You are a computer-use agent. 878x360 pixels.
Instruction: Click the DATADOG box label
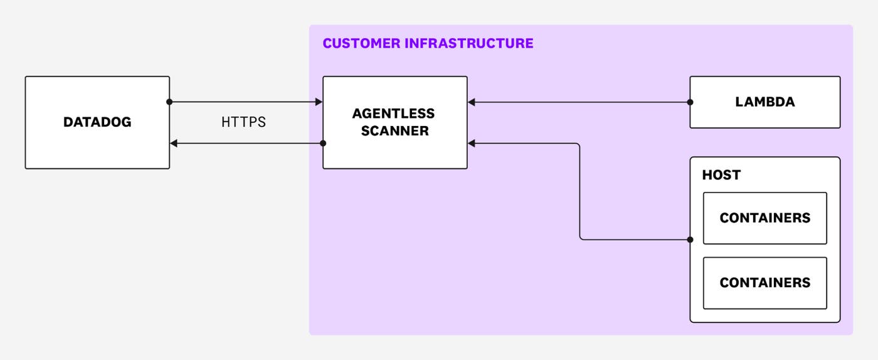[x=97, y=122]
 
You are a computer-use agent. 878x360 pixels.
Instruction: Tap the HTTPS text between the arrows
[x=243, y=122]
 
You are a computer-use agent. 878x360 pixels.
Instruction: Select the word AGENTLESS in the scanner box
[x=394, y=114]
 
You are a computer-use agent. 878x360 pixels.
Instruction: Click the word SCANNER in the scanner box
[x=395, y=131]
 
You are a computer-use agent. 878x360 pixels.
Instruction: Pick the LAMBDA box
[x=764, y=102]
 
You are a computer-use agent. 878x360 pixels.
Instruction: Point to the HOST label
[x=721, y=175]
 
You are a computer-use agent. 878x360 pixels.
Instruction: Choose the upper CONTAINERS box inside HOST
[x=764, y=218]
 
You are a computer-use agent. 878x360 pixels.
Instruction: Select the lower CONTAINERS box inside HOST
[x=764, y=283]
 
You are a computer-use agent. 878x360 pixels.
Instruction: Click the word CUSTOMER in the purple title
[x=361, y=43]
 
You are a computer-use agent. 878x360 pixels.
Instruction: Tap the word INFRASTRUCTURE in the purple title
[x=469, y=43]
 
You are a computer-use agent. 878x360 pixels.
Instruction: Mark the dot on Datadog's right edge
[x=169, y=102]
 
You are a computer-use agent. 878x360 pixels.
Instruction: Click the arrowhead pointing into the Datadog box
[x=174, y=144]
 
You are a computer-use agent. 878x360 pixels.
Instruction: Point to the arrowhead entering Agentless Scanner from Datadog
[x=318, y=102]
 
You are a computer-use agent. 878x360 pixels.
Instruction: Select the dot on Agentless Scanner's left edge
[x=323, y=144]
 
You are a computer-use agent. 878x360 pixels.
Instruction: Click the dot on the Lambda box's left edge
[x=690, y=102]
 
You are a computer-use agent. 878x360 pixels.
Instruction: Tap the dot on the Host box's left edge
[x=690, y=240]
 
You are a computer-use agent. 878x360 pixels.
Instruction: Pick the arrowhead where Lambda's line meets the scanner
[x=472, y=102]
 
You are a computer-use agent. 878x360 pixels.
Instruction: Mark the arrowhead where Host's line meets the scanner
[x=472, y=144]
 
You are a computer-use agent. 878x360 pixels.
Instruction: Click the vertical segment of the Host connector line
[x=579, y=191]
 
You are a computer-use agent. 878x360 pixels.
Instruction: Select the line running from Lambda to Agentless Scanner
[x=580, y=102]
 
